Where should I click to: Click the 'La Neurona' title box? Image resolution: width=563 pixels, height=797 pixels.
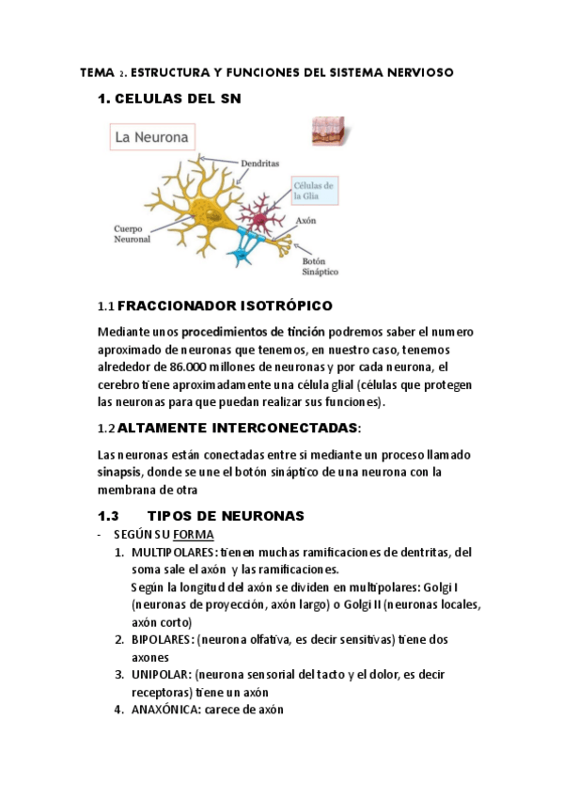coord(152,137)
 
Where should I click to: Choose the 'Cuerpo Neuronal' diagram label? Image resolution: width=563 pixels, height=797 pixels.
coord(133,233)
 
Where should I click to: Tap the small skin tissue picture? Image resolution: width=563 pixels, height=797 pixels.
coord(328,131)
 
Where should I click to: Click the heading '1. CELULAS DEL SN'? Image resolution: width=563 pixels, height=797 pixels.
coord(169,99)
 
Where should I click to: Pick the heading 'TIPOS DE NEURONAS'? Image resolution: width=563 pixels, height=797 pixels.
coord(227,516)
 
